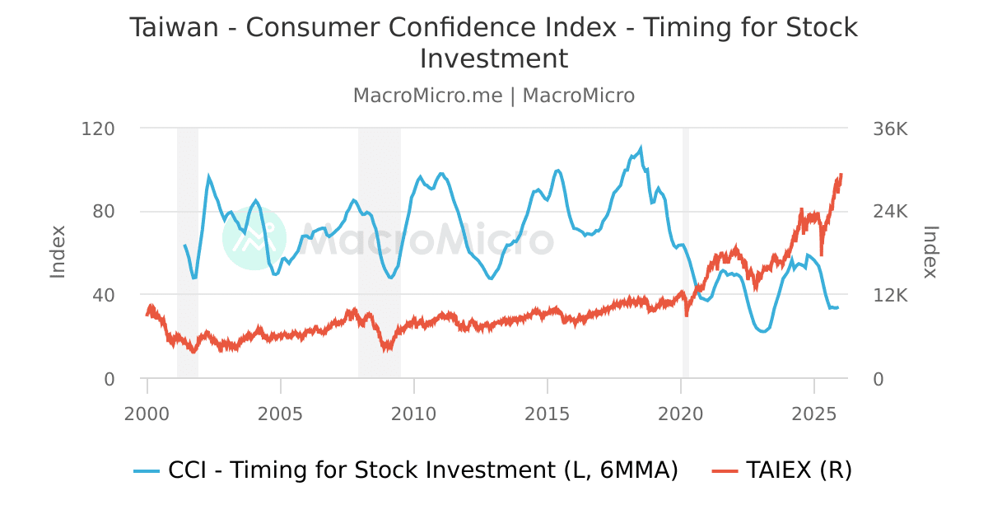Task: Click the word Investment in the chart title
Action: coord(493,59)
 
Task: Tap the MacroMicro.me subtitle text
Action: coord(427,96)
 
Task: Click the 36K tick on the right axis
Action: coord(889,129)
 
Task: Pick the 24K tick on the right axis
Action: coord(889,212)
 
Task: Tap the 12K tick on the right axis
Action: coord(889,295)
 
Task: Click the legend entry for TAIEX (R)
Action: coord(782,470)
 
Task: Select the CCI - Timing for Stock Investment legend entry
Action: coord(407,470)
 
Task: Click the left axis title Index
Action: coord(58,252)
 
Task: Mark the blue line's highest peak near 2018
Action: coord(641,148)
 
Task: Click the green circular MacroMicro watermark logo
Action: coord(254,238)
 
